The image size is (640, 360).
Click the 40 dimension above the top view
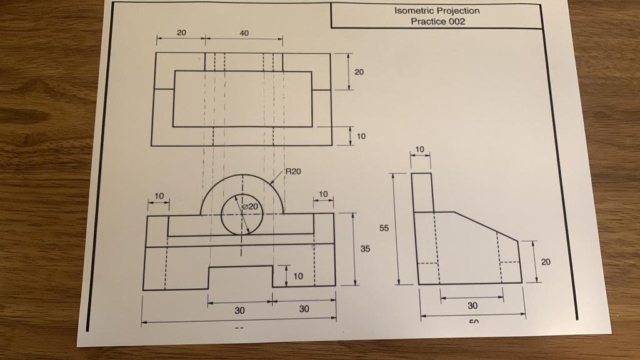(244, 33)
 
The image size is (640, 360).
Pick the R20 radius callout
(293, 170)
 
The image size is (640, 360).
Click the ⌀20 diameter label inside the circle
(249, 206)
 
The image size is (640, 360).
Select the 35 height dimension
(365, 249)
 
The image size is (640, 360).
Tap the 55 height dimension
(384, 229)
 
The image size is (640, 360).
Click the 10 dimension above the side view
(420, 149)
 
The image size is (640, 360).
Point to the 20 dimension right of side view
(546, 262)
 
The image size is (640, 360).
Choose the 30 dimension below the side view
(472, 306)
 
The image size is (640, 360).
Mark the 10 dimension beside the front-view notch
(297, 276)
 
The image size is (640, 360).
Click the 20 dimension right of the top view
(359, 72)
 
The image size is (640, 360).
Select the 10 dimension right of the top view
(361, 136)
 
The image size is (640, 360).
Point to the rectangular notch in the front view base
(240, 277)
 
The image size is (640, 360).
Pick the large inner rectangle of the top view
(242, 99)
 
